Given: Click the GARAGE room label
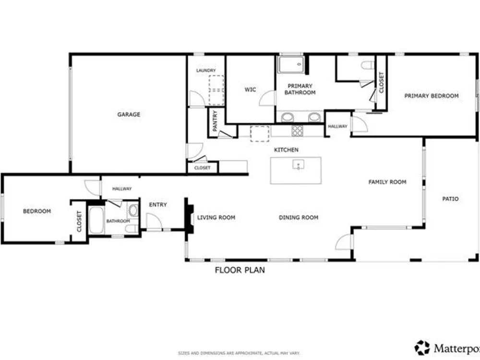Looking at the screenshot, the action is tap(129, 115).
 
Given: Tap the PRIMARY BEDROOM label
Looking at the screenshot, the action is tap(432, 96).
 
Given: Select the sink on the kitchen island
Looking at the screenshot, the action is tap(298, 165).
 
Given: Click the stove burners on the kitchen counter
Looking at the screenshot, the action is tap(297, 131).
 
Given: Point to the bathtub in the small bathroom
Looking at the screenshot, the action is tap(96, 220).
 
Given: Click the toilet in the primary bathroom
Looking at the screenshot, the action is tap(368, 65).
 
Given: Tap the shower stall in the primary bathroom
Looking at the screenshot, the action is tap(290, 64).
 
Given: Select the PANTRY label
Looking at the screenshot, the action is tap(215, 120).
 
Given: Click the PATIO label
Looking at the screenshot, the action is tap(450, 199).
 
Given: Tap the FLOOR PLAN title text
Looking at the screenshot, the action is tap(240, 270).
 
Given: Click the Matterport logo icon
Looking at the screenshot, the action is tap(422, 348).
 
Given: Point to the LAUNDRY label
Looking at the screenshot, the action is tap(206, 71).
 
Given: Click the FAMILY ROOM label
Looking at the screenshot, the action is tap(387, 182).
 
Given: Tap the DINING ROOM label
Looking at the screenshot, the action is tap(299, 217).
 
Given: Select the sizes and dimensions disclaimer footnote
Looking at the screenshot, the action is tap(239, 353).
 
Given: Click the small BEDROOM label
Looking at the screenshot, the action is tap(37, 211).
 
